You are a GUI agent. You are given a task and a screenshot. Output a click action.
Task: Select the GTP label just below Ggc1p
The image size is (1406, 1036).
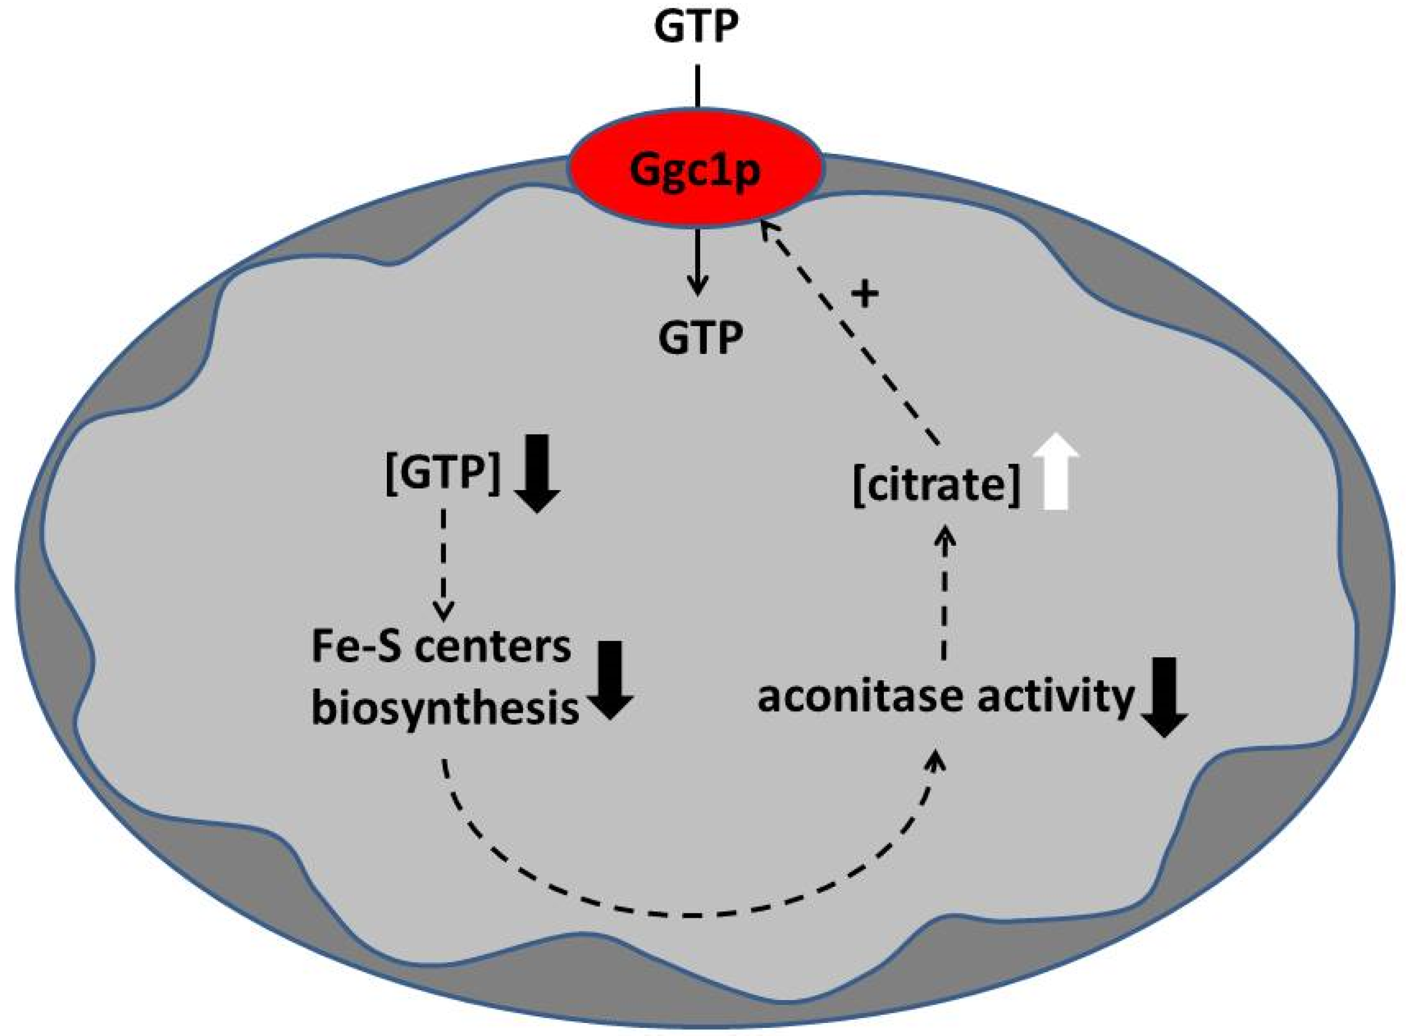701,338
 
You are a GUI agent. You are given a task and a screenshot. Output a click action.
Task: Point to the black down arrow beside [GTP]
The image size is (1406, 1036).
537,474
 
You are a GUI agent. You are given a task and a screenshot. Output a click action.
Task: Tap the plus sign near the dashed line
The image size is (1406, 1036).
865,293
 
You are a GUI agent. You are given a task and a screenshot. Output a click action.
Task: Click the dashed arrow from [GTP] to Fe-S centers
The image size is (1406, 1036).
444,564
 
